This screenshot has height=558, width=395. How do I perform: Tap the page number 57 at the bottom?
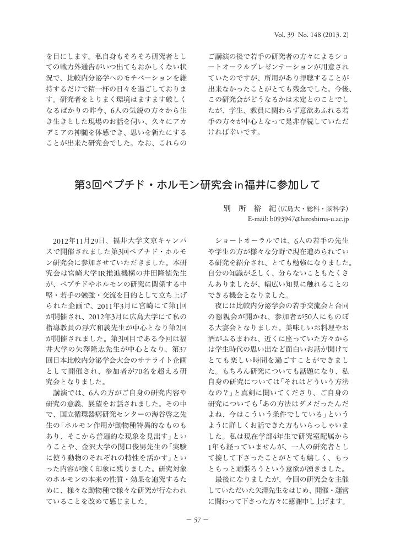coord(197,523)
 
